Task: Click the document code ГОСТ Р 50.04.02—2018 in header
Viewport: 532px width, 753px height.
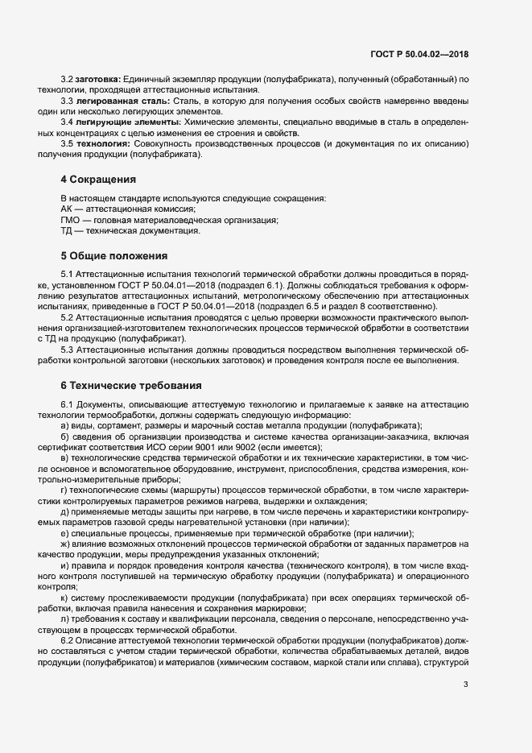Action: (419, 55)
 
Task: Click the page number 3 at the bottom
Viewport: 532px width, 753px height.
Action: (465, 685)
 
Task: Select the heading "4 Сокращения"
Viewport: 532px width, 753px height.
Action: (98, 179)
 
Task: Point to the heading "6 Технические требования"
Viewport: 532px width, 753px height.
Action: (125, 386)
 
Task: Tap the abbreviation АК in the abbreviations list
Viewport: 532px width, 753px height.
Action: (66, 209)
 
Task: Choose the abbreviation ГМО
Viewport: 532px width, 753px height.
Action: (70, 220)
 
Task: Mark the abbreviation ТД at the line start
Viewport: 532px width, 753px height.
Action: (66, 231)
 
